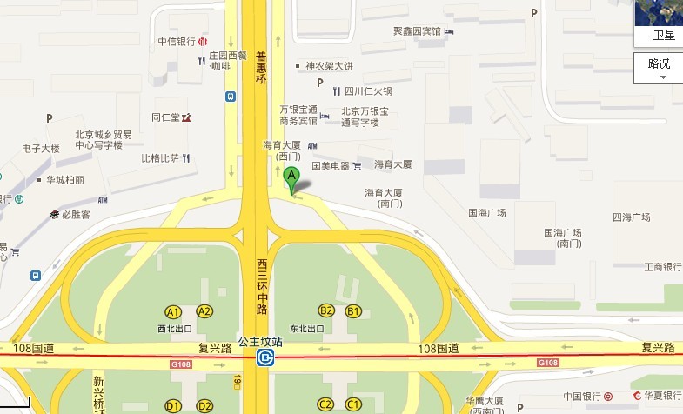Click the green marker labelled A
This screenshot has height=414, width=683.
[292, 179]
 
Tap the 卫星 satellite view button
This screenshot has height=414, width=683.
[659, 23]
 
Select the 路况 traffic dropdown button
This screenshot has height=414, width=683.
[659, 68]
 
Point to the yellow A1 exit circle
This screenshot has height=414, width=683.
[173, 311]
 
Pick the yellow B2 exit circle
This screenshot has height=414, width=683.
[326, 310]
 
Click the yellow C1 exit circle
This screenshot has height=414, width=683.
[353, 404]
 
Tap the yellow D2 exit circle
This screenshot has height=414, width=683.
[204, 405]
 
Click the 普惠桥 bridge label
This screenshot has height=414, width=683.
[260, 68]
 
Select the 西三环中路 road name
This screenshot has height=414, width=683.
[261, 285]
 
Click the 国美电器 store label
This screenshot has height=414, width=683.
[330, 165]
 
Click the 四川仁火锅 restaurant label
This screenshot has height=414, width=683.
[368, 90]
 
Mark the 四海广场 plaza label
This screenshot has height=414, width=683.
[632, 217]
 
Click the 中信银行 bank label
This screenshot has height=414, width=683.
[177, 41]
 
